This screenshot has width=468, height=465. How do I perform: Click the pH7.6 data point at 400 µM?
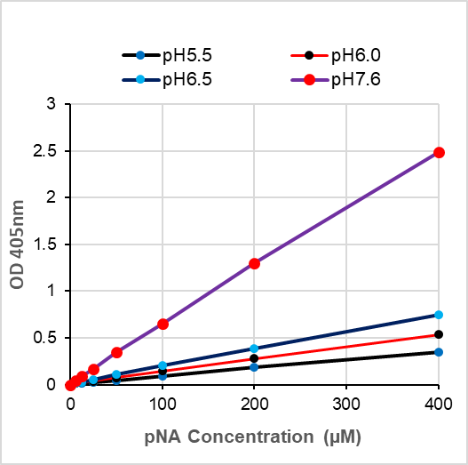[438, 152]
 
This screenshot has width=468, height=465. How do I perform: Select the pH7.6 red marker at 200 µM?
[254, 263]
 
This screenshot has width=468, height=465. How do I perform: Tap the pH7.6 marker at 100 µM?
[163, 324]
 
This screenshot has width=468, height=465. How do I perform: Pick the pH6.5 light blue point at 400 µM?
[438, 315]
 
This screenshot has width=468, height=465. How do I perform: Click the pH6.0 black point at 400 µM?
[438, 334]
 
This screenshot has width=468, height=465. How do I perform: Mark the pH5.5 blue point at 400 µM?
[438, 352]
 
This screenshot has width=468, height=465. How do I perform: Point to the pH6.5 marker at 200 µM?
[254, 349]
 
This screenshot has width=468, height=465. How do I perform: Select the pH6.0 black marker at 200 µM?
[254, 358]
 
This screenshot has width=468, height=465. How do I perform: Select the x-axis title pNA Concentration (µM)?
[253, 437]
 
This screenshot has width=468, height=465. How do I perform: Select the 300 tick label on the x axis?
[345, 404]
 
